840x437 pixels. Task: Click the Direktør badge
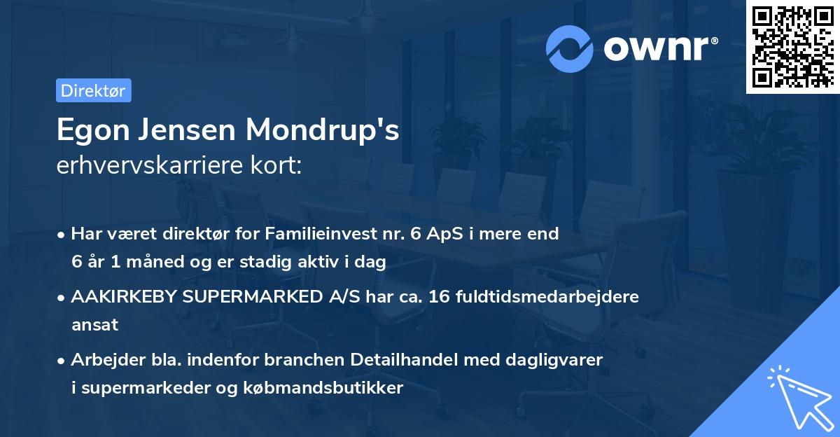point(93,90)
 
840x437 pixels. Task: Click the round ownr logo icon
point(569,48)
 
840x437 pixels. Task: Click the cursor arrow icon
point(798,396)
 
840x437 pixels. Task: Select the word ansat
point(94,325)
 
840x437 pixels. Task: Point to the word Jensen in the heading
point(186,130)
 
